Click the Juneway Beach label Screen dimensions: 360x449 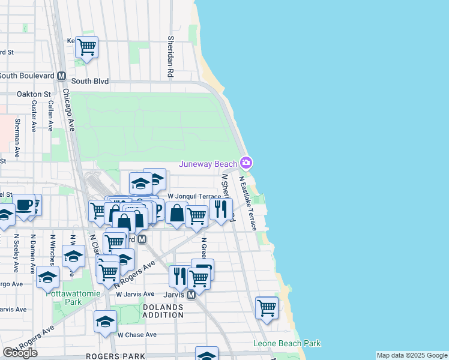(208, 164)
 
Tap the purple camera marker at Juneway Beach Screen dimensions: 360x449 (246, 163)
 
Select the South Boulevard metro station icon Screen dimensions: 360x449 (61, 76)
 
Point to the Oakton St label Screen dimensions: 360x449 (34, 94)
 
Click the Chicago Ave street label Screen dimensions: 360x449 (68, 111)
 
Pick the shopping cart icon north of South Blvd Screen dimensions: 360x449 (87, 47)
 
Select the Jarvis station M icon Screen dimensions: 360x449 (191, 295)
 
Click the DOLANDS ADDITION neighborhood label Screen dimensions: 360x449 (163, 311)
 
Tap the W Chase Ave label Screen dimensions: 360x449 (137, 335)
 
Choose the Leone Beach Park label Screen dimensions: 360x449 (287, 344)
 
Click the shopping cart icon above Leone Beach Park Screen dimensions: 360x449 (267, 308)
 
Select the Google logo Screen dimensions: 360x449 (20, 353)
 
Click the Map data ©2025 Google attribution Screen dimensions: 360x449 (411, 355)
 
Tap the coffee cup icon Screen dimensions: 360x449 (25, 205)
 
